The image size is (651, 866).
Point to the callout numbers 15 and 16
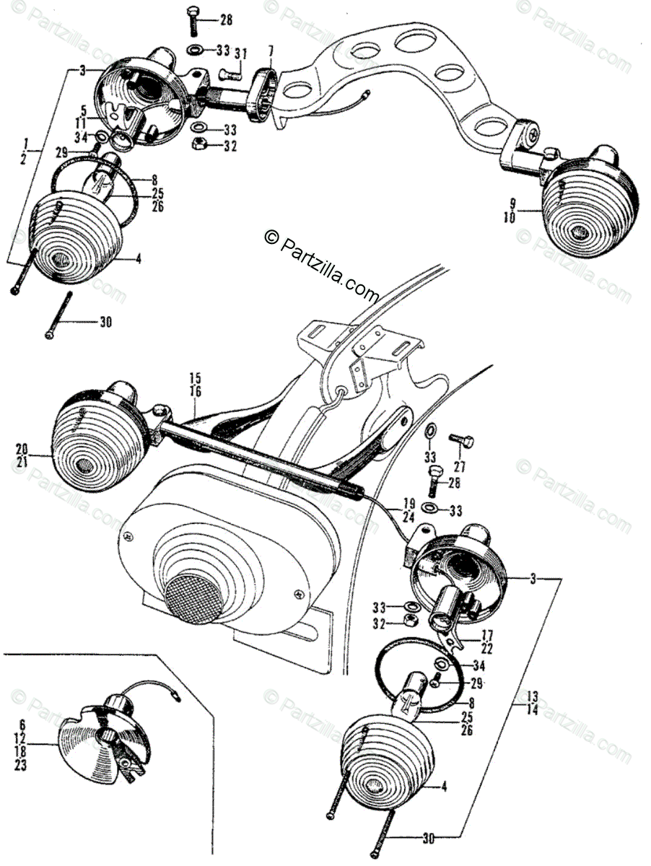pos(195,384)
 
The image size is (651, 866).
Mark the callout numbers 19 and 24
pos(408,510)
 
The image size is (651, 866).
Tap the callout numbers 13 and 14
pos(533,701)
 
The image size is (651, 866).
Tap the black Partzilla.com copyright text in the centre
pos(322,267)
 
